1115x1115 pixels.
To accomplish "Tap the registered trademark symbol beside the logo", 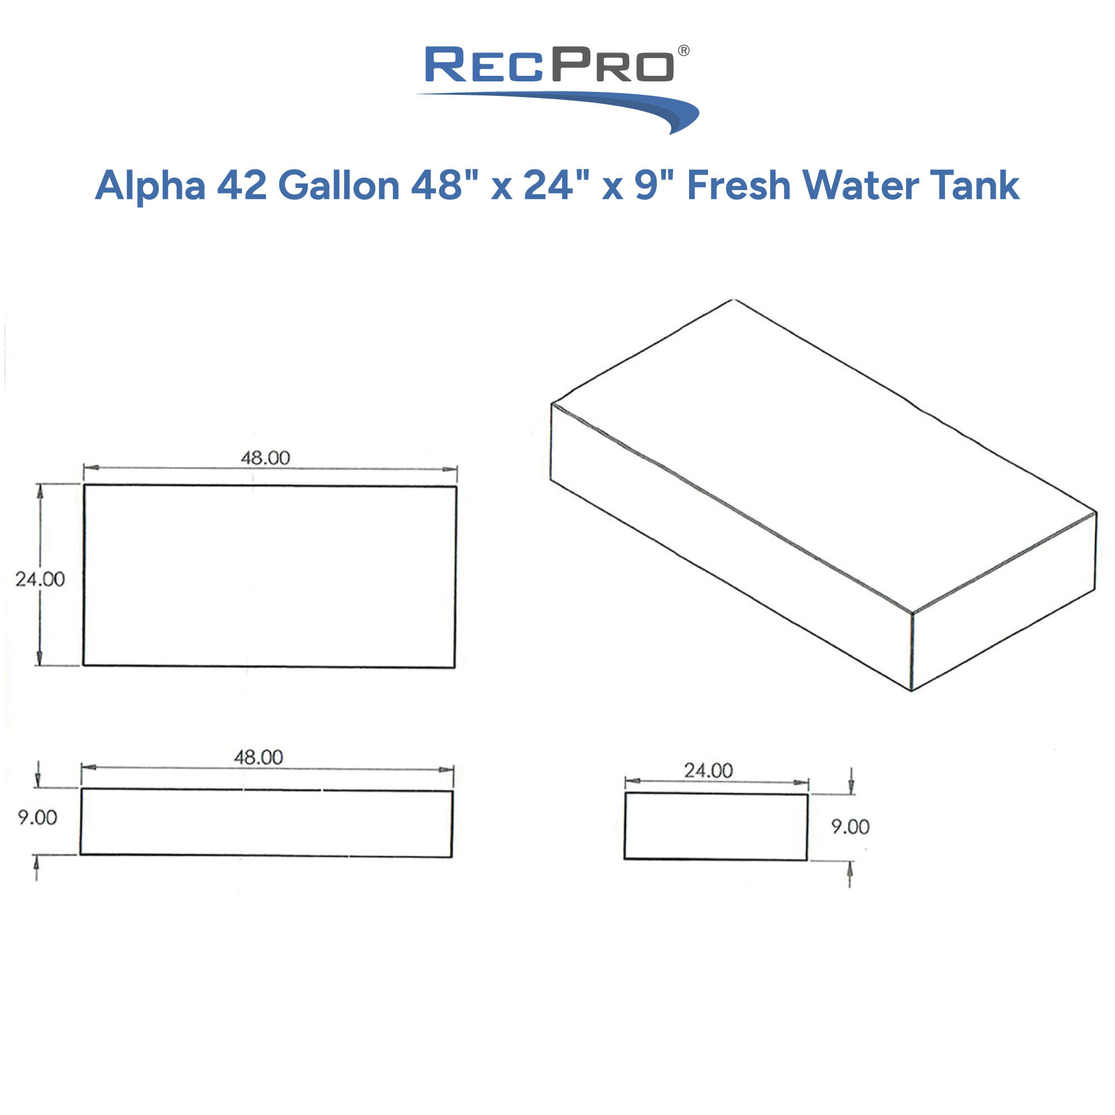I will (683, 51).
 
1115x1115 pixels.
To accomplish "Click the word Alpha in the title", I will (150, 186).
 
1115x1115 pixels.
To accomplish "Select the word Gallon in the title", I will (339, 186).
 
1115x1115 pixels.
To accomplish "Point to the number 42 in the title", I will (242, 186).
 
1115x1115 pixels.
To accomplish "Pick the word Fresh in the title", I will (739, 186).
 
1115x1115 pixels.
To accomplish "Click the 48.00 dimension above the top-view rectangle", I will (265, 458).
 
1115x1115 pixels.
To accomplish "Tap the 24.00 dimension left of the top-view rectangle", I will (40, 579).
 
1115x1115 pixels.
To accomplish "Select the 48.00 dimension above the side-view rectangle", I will (258, 757).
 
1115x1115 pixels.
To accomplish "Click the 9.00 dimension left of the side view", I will (37, 817).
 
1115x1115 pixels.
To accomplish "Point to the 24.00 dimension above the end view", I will (708, 770).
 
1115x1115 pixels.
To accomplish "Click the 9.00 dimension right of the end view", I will (850, 826).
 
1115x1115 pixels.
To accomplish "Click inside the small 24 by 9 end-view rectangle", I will (716, 826).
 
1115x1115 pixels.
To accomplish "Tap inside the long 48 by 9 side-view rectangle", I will (265, 822).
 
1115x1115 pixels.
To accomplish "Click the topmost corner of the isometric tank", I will (733, 299).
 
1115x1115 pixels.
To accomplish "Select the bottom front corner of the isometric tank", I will (912, 690).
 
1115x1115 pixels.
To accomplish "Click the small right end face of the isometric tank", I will (1003, 600).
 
